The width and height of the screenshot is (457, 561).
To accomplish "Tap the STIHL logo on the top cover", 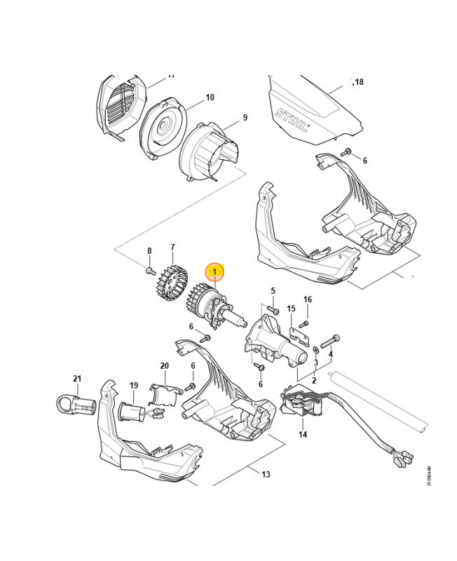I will click(x=292, y=120).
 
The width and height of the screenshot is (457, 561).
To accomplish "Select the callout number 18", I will click(x=358, y=82).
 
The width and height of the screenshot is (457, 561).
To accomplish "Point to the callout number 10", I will click(x=210, y=97).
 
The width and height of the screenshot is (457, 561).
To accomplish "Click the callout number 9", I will click(x=245, y=118).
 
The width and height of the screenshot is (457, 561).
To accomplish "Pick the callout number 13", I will click(x=266, y=475).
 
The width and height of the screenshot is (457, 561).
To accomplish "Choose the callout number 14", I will click(x=303, y=435).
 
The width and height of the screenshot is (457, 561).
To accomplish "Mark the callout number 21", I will click(x=77, y=379).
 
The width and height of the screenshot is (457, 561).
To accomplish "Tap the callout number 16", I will click(x=307, y=300).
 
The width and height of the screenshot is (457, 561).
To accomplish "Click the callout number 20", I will click(x=164, y=366).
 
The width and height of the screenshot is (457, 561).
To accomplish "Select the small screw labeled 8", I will click(x=150, y=269).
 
